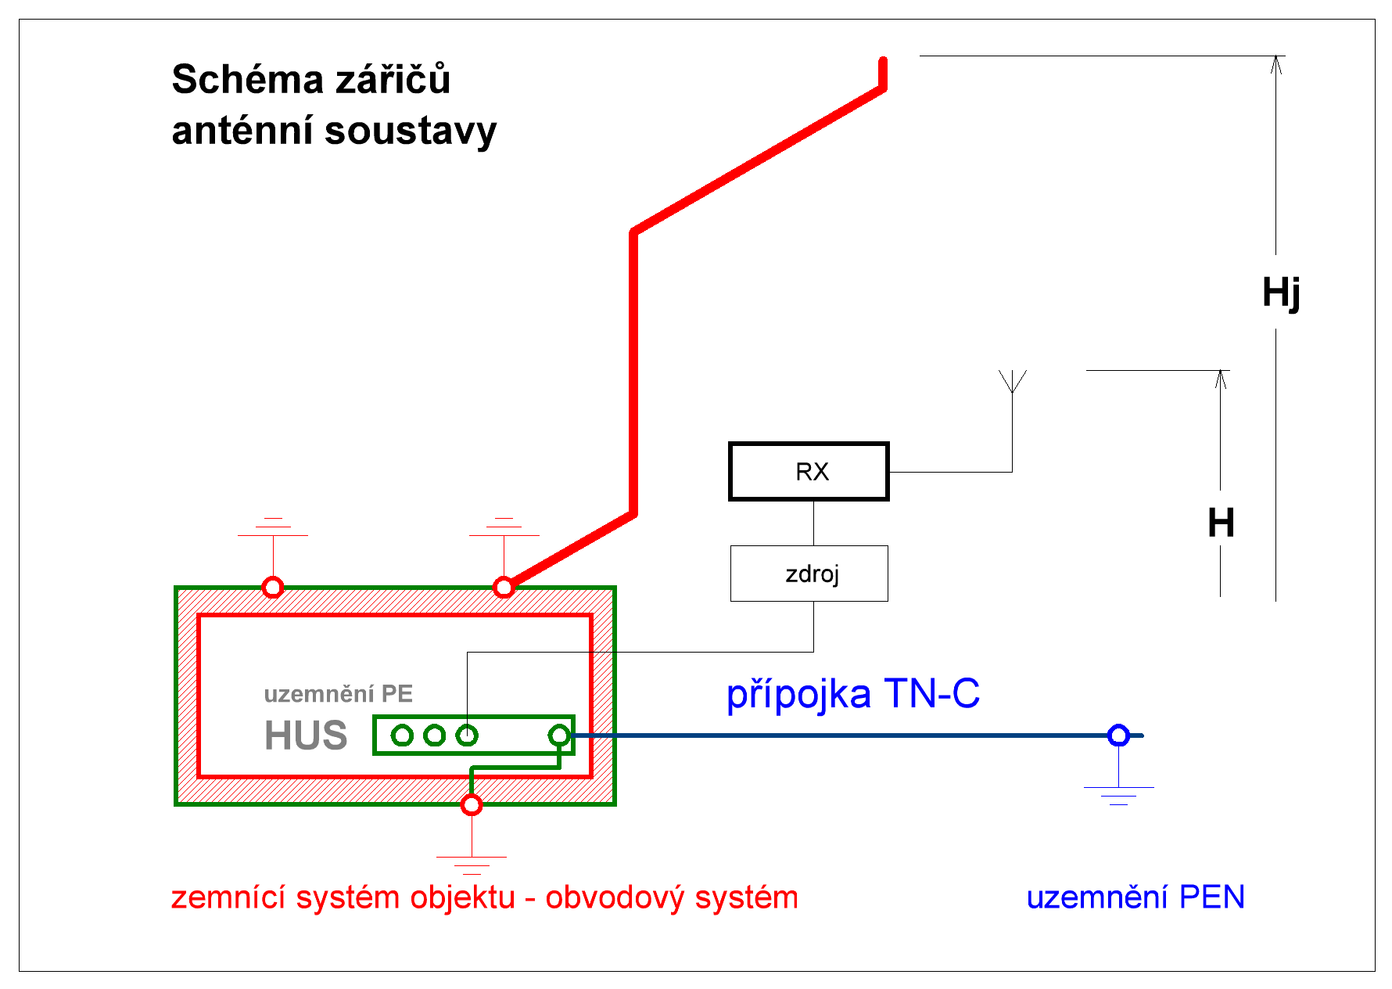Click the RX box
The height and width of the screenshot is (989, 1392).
809,471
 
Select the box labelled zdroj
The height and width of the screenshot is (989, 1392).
809,574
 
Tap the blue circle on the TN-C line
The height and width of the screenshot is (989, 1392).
1118,735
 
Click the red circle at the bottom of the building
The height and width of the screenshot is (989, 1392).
472,804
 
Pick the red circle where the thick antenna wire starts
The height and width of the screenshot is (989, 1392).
504,587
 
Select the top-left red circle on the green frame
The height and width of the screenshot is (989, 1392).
272,587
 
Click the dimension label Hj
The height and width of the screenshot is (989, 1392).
1281,293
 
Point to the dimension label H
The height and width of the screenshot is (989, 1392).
1221,523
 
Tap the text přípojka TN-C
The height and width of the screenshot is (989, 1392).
852,694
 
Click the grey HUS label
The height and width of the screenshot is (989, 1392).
306,735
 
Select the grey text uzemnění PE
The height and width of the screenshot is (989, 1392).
338,694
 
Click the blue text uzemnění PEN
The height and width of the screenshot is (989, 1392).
1135,897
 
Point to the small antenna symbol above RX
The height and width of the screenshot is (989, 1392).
1013,381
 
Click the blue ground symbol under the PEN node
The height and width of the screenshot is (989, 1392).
1119,793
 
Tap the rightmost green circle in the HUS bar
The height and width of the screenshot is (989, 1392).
559,735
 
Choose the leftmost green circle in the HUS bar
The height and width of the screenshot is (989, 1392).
402,735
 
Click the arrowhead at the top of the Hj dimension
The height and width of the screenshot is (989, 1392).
1276,63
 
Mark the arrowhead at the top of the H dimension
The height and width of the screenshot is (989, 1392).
1221,378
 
